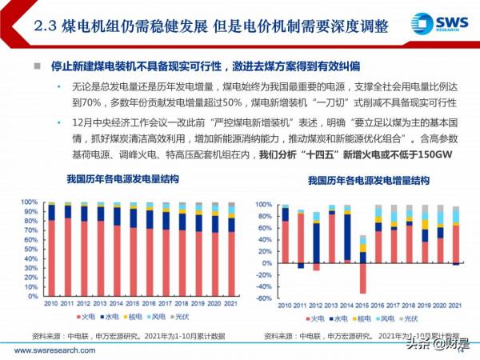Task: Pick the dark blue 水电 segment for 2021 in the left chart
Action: point(231,226)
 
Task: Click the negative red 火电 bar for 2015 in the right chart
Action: point(362,278)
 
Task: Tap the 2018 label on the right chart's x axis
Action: point(409,305)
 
